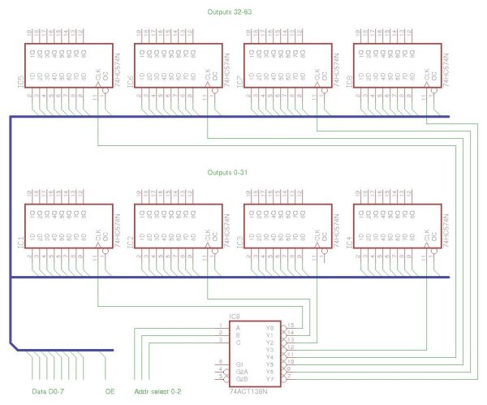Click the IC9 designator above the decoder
click(x=235, y=316)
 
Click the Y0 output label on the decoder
click(x=269, y=327)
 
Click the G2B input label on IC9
click(x=240, y=379)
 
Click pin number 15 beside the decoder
click(x=291, y=325)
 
